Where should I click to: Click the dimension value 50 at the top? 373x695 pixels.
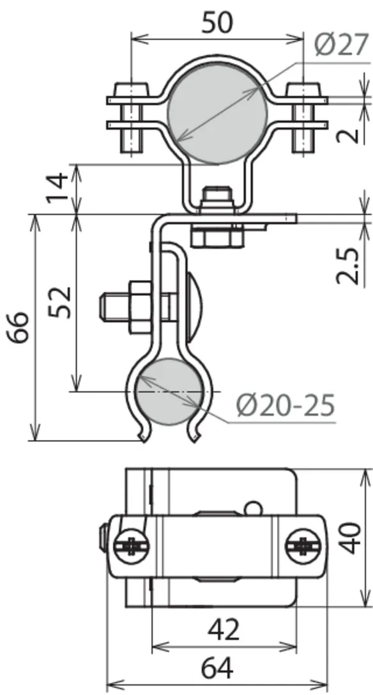pyautogui.click(x=217, y=22)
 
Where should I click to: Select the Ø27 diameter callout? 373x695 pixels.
pyautogui.click(x=342, y=45)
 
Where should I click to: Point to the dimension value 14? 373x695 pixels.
pyautogui.click(x=59, y=187)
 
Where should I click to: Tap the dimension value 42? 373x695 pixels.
pyautogui.click(x=224, y=629)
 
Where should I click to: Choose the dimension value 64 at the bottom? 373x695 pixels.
pyautogui.click(x=217, y=668)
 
